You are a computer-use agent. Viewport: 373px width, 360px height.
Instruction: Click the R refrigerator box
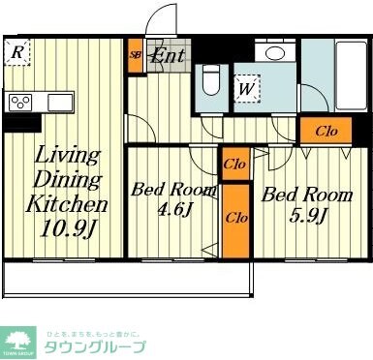[x=18, y=53]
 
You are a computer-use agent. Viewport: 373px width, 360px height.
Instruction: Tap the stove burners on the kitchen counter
[x=21, y=102]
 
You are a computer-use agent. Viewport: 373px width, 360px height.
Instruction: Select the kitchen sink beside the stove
[x=56, y=102]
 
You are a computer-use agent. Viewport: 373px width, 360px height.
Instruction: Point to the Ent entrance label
[x=168, y=55]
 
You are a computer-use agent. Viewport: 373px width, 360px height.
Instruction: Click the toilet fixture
[x=212, y=80]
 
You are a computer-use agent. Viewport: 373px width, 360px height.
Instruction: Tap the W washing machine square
[x=246, y=89]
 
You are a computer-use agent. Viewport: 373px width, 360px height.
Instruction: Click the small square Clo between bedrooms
[x=233, y=164]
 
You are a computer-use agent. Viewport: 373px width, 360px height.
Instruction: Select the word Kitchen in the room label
[x=65, y=205]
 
